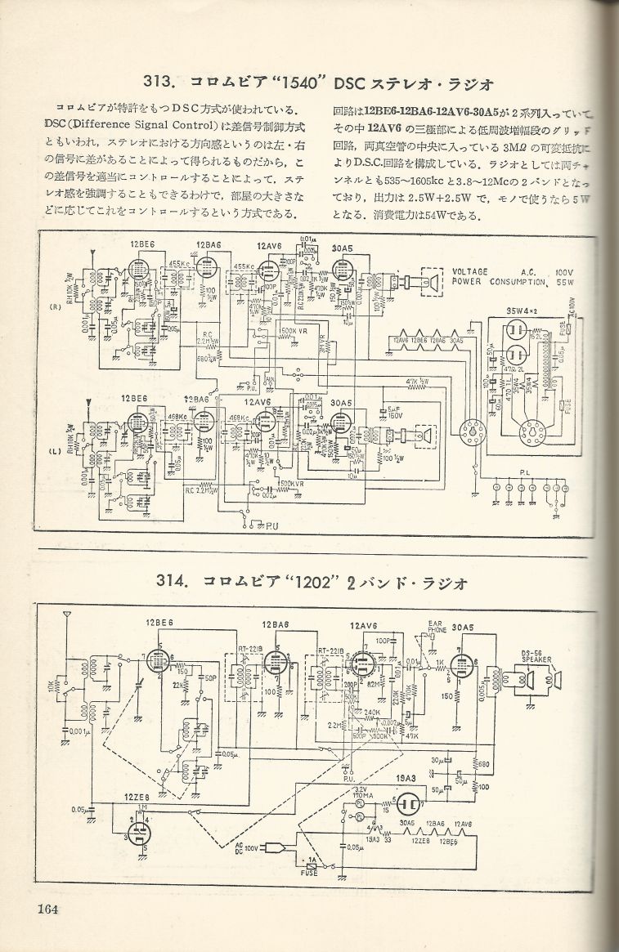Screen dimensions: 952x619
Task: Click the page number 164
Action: point(47,909)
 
